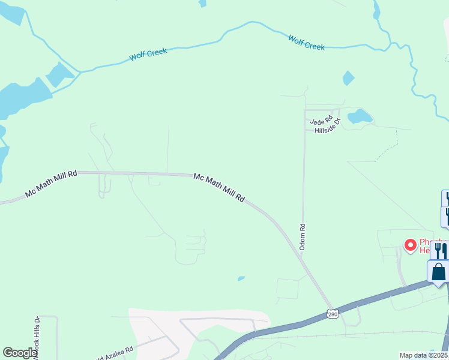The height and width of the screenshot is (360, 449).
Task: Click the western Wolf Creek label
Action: pyautogui.click(x=148, y=55)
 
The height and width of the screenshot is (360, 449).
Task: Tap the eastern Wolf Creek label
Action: pyautogui.click(x=306, y=43)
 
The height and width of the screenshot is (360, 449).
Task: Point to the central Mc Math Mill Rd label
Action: pyautogui.click(x=219, y=187)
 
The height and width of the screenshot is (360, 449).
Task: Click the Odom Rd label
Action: pyautogui.click(x=303, y=237)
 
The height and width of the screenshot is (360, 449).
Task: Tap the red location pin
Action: pyautogui.click(x=411, y=245)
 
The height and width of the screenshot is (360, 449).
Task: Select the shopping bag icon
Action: pyautogui.click(x=439, y=272)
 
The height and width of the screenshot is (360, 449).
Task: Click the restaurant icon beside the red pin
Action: pyautogui.click(x=439, y=250)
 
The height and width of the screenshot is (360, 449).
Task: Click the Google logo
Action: pyautogui.click(x=20, y=353)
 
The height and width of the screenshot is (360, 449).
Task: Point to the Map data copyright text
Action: pyautogui.click(x=424, y=355)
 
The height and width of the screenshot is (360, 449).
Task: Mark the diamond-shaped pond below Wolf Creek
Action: pyautogui.click(x=348, y=78)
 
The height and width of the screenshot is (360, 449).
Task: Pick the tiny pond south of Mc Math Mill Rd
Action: pyautogui.click(x=241, y=278)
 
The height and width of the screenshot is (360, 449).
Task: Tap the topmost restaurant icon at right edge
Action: pyautogui.click(x=446, y=197)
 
